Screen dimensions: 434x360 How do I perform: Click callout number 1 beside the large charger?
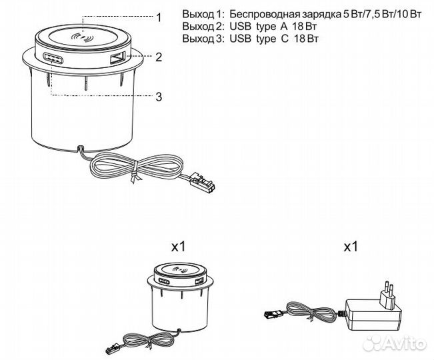[x=159, y=18]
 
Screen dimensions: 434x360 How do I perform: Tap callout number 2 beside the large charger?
[x=159, y=57]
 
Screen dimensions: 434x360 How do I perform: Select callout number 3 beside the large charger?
[x=159, y=97]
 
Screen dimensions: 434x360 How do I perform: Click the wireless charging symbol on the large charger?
[x=81, y=38]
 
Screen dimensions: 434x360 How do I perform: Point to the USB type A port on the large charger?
[x=118, y=59]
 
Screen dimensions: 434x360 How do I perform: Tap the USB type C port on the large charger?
[x=53, y=59]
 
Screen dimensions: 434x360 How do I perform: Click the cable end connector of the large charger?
[x=202, y=181]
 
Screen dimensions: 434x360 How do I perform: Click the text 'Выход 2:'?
[x=203, y=27]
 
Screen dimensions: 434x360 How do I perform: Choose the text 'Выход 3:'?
[x=203, y=39]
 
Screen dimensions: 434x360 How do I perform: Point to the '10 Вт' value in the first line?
[x=407, y=14]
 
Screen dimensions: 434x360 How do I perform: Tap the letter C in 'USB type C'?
[x=285, y=39]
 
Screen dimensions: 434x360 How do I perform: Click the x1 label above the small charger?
[x=179, y=247]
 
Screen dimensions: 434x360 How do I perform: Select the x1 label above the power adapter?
[x=351, y=247]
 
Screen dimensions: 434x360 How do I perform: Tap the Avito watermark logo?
[x=395, y=343]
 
